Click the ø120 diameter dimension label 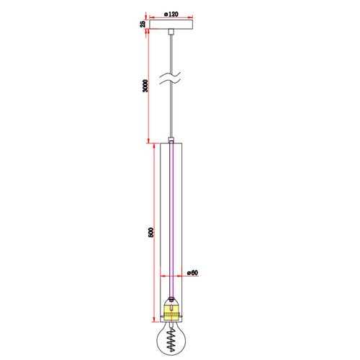(x=171, y=14)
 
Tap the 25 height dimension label (x=143, y=24)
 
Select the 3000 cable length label (x=145, y=86)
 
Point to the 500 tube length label (x=150, y=233)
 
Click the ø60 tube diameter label (x=193, y=273)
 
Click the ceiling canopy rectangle (x=171, y=24)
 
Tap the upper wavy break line (x=170, y=75)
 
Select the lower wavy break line (x=170, y=82)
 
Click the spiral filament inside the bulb (x=171, y=340)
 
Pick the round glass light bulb (x=171, y=338)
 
